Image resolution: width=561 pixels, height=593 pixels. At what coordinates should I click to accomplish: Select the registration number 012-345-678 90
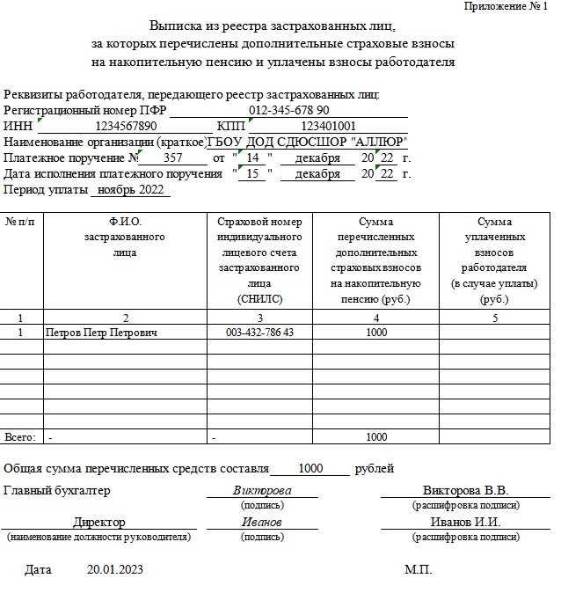tap(289, 111)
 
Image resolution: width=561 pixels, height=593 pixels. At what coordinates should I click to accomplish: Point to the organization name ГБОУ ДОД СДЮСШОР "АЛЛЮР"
tap(307, 142)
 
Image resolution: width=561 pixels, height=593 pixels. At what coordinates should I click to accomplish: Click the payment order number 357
tap(173, 157)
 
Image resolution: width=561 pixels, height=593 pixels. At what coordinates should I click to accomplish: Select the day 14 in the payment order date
tap(253, 157)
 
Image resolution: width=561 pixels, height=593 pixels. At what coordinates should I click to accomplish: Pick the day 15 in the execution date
tap(253, 173)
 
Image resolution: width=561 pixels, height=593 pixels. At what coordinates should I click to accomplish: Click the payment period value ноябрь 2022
tap(130, 189)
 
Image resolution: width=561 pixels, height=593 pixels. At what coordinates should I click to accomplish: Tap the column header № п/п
tap(21, 222)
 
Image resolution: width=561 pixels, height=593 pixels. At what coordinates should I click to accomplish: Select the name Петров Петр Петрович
tap(101, 333)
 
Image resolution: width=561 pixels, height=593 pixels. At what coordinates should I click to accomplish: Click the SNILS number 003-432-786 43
tap(259, 333)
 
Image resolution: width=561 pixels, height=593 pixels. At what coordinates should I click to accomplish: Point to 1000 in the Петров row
tap(375, 333)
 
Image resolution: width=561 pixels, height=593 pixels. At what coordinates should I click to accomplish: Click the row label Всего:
tap(20, 437)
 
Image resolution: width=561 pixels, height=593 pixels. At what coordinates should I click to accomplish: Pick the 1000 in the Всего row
tap(375, 437)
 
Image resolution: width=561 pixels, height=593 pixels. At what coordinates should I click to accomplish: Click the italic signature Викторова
tap(262, 490)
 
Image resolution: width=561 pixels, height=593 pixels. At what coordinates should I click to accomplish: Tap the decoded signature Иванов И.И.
tap(465, 522)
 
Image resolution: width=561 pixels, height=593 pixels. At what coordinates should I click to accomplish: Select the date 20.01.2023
tap(115, 570)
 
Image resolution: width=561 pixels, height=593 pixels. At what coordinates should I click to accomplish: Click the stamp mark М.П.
tap(418, 570)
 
